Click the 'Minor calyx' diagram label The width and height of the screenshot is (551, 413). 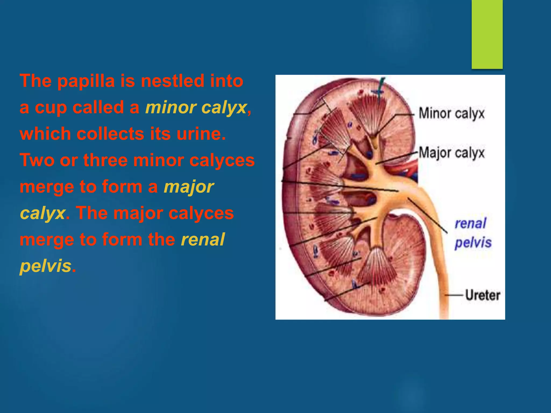[x=451, y=113]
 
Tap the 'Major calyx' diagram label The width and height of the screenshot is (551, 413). [x=451, y=153]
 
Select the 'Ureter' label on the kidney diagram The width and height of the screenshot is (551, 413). [x=483, y=295]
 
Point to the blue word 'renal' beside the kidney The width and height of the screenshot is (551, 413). [x=471, y=223]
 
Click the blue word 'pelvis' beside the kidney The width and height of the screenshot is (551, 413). [x=473, y=243]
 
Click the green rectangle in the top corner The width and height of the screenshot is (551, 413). [x=487, y=34]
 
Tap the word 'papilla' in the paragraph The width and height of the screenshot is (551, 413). [x=86, y=81]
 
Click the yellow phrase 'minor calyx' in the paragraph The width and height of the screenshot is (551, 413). [x=196, y=108]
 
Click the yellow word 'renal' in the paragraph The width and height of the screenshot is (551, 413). [x=203, y=239]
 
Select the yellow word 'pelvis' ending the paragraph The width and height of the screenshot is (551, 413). [x=45, y=266]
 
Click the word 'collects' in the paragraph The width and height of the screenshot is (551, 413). [x=111, y=134]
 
